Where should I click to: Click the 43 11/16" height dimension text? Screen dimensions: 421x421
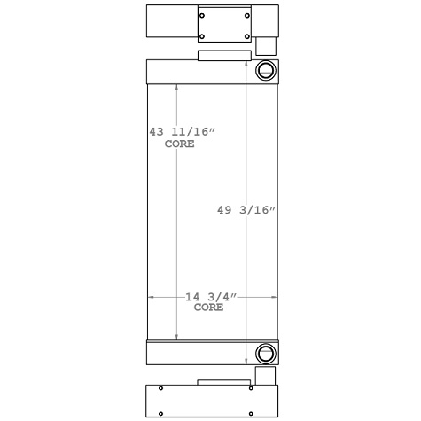(x=183, y=131)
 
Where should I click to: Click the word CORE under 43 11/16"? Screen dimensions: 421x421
(x=180, y=143)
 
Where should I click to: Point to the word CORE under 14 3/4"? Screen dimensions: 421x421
(x=208, y=308)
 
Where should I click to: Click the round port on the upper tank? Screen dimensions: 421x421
(x=264, y=71)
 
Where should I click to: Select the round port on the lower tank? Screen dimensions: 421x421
(x=264, y=353)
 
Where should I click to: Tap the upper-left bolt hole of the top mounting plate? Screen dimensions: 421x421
(x=203, y=13)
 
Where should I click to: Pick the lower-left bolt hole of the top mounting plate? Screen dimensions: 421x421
(x=203, y=36)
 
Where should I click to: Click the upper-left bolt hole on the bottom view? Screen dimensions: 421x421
(x=160, y=387)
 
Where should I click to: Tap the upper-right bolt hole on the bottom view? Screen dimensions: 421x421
(x=256, y=387)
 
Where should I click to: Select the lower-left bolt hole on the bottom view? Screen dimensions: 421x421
(x=160, y=410)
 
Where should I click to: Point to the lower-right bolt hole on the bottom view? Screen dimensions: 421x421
(x=256, y=410)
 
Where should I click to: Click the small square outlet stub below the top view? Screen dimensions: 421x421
(x=265, y=47)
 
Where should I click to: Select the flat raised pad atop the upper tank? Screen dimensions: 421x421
(x=223, y=56)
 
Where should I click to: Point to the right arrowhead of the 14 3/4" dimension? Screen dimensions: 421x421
(x=274, y=298)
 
